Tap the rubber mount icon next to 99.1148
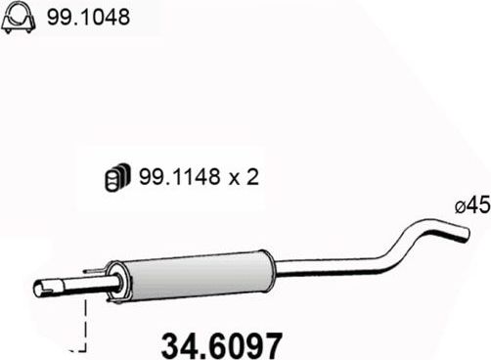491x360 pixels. [x=114, y=179]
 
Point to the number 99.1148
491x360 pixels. [x=167, y=179]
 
